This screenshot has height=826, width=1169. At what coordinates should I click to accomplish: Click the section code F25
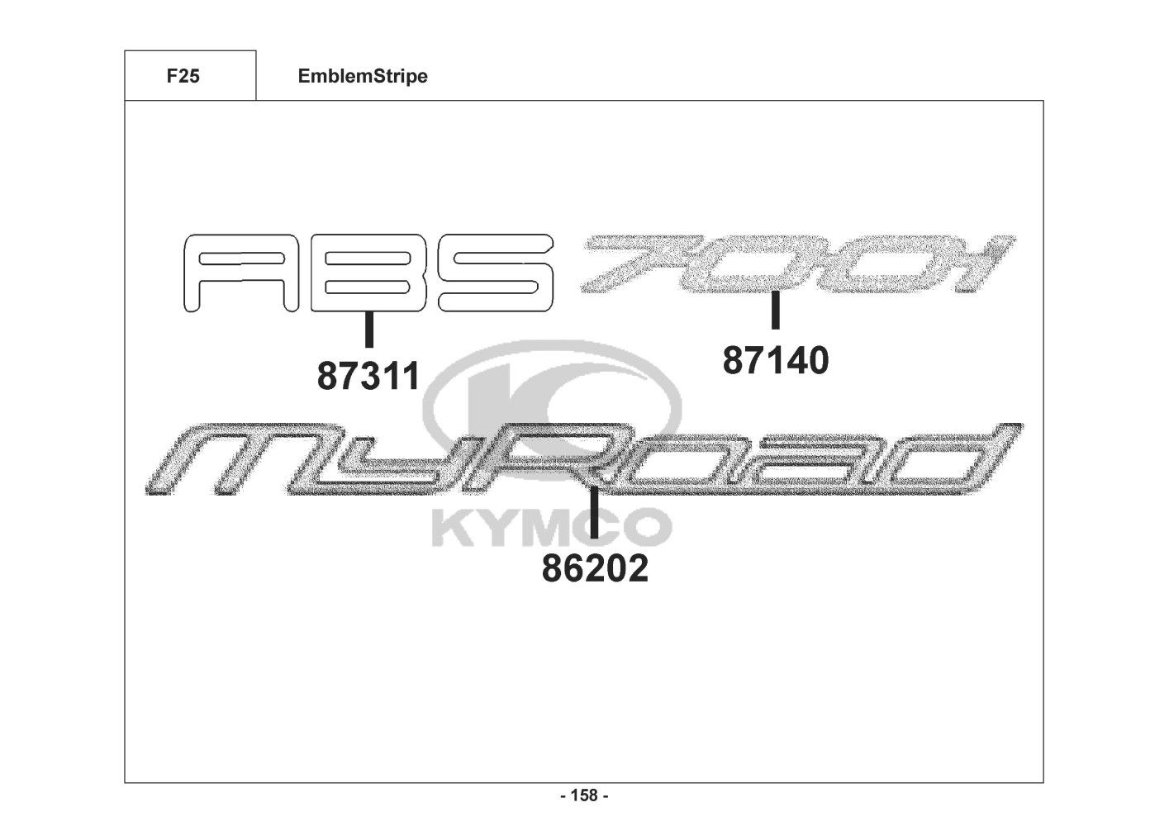click(x=183, y=76)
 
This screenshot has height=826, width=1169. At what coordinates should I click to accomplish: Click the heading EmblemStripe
click(x=363, y=77)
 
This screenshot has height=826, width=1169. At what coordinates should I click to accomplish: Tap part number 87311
click(x=368, y=376)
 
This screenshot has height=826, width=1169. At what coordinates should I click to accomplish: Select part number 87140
click(x=776, y=360)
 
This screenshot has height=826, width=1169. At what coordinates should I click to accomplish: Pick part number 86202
click(x=595, y=568)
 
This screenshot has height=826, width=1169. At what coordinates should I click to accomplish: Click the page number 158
click(x=584, y=795)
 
